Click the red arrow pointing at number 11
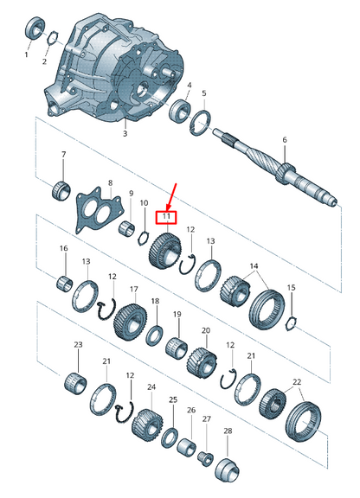pos(172,194)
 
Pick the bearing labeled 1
pos(35,28)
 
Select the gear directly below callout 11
pos(164,252)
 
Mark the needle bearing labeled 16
pos(63,281)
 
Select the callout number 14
pos(254,267)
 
